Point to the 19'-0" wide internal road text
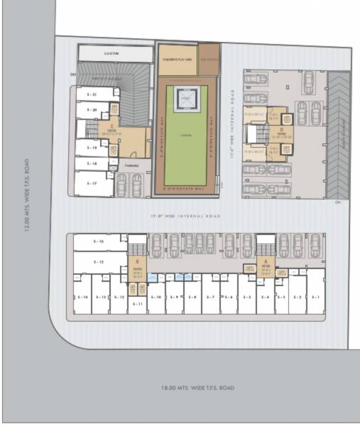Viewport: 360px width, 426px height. coord(185,215)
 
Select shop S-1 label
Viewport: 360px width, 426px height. coord(316,296)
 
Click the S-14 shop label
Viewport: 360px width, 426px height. coord(82,296)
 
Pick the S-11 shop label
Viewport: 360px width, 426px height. coord(138,303)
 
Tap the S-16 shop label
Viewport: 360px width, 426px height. coord(99,242)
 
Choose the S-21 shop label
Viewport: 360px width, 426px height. coord(92,94)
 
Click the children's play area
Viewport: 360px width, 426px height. coord(177,60)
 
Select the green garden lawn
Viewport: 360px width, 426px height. coord(187,135)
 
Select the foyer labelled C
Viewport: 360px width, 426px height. coord(112,131)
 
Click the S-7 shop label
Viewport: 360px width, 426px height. coord(211,296)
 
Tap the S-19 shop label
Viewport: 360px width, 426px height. coord(92,148)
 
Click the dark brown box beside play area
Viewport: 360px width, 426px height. coord(209,60)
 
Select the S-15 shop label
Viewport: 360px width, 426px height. coord(99,262)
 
